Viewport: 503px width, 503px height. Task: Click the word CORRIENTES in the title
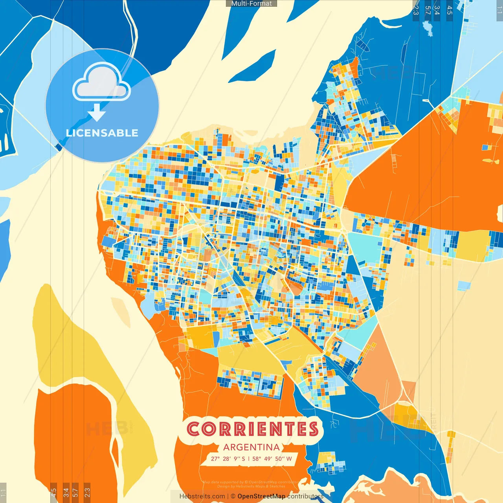click(252, 429)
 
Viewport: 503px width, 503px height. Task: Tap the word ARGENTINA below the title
click(251, 447)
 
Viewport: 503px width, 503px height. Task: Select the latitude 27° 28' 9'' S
click(228, 459)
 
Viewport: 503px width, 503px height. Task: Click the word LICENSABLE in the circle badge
click(102, 133)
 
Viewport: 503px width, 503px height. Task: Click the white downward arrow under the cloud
click(97, 113)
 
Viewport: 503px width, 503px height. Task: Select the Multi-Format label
click(251, 4)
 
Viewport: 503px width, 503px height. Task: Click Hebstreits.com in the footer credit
click(202, 496)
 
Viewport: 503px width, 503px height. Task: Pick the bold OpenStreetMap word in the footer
click(261, 496)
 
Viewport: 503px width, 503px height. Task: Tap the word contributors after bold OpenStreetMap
click(305, 496)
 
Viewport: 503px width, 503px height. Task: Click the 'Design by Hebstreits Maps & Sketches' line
click(251, 486)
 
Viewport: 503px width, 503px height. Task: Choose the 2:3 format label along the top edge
click(416, 10)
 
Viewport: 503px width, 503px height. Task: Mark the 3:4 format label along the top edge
click(437, 10)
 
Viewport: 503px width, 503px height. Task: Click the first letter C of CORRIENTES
click(194, 429)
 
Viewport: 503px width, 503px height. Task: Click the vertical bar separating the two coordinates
click(249, 459)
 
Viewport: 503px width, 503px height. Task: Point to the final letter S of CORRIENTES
click(313, 429)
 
